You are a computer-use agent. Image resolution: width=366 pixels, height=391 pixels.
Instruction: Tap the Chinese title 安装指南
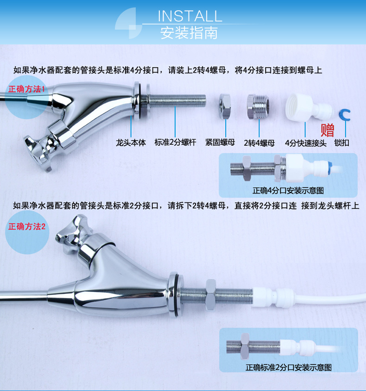click(189, 33)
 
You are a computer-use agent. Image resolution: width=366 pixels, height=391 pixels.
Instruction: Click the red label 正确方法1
click(26, 89)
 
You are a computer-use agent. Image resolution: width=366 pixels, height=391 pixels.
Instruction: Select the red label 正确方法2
click(27, 226)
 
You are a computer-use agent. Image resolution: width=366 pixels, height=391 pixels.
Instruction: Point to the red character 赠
click(327, 130)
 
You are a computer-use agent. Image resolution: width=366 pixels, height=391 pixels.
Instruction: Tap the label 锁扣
click(341, 143)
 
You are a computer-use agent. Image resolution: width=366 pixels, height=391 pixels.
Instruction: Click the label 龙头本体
click(131, 143)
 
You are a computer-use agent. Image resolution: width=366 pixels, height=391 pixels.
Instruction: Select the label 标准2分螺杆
click(175, 143)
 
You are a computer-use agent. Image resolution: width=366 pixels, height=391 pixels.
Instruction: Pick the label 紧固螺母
click(220, 143)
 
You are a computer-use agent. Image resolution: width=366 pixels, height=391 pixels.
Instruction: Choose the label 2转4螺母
click(259, 143)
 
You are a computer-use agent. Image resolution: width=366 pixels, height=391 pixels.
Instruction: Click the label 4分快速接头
click(306, 143)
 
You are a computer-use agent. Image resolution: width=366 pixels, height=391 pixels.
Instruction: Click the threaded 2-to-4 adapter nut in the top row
click(258, 106)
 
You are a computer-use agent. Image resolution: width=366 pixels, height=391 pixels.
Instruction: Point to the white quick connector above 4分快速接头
click(309, 108)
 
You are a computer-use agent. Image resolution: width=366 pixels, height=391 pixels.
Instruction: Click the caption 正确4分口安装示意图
click(288, 191)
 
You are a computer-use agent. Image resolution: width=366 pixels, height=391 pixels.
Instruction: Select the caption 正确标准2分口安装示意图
click(288, 367)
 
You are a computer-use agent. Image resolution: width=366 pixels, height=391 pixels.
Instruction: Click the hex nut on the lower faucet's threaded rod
click(210, 295)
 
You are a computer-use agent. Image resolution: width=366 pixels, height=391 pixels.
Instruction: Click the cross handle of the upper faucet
click(39, 152)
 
